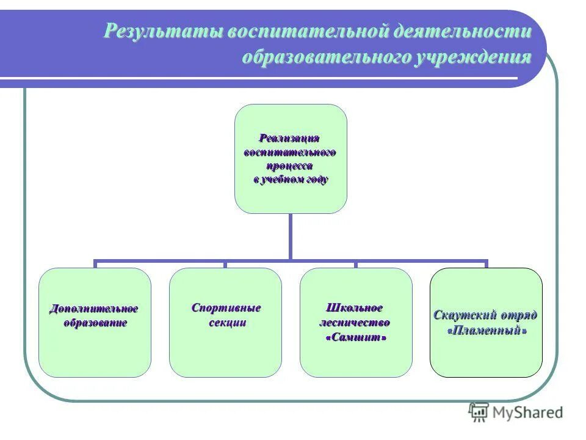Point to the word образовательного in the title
pyautogui.click(x=324, y=58)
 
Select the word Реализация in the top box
pyautogui.click(x=290, y=138)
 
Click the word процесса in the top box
pyautogui.click(x=290, y=166)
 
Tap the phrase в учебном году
pyautogui.click(x=291, y=180)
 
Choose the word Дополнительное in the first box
pyautogui.click(x=94, y=309)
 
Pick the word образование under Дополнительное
pyautogui.click(x=96, y=322)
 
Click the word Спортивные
pyautogui.click(x=226, y=308)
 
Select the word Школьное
pyautogui.click(x=356, y=308)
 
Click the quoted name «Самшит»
pyautogui.click(x=356, y=337)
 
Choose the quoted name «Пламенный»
pyautogui.click(x=487, y=330)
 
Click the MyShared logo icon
pyautogui.click(x=479, y=412)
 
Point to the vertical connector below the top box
pyautogui.click(x=291, y=235)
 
